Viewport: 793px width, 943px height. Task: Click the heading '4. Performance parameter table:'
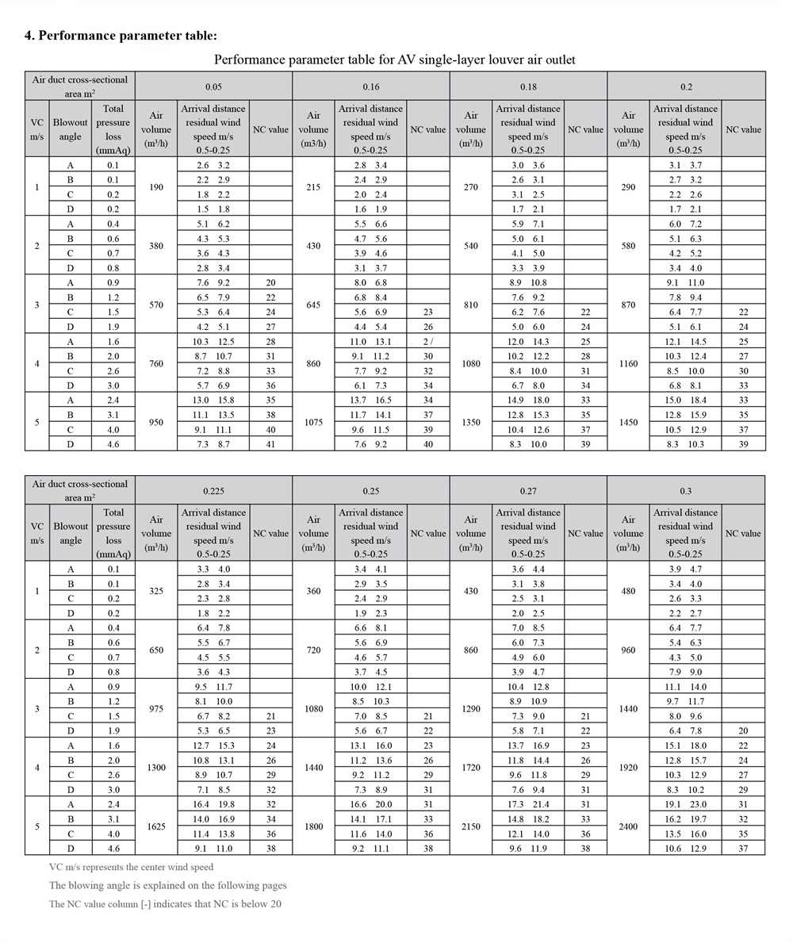click(121, 36)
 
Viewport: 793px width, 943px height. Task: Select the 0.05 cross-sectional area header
click(213, 86)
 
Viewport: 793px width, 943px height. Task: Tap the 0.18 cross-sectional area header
click(528, 86)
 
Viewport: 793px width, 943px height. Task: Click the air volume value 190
click(156, 187)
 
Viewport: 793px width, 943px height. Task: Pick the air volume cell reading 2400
click(628, 826)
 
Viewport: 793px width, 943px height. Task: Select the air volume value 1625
click(156, 826)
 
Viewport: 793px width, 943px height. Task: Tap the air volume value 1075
click(313, 423)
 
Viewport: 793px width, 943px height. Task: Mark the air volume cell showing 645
click(313, 305)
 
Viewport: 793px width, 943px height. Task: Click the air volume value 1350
click(471, 423)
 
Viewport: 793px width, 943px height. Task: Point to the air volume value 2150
click(471, 826)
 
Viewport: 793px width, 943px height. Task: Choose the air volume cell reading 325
click(156, 592)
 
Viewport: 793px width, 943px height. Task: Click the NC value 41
click(271, 445)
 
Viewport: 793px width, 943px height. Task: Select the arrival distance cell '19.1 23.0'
click(685, 804)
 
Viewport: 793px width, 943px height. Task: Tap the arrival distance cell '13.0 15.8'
click(213, 401)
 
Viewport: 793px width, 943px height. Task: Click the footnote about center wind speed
click(131, 868)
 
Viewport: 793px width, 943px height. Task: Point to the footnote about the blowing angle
click(167, 886)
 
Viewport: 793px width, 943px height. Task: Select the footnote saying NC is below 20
click(165, 904)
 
